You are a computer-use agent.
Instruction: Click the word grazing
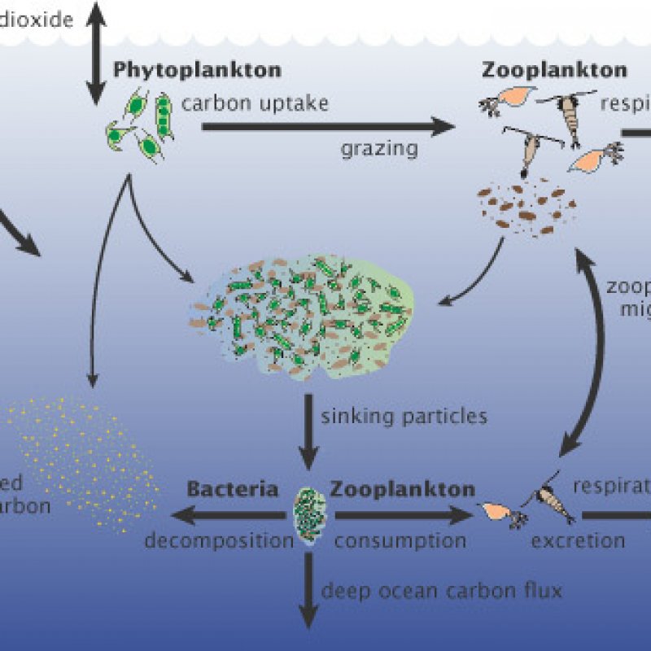(379, 148)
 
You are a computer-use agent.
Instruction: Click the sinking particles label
(404, 417)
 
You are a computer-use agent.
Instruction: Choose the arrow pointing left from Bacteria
(228, 514)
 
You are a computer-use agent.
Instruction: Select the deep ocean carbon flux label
(442, 590)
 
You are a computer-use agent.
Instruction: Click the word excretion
(578, 540)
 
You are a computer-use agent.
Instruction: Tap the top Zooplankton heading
(554, 69)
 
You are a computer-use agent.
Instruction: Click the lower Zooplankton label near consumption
(403, 490)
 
